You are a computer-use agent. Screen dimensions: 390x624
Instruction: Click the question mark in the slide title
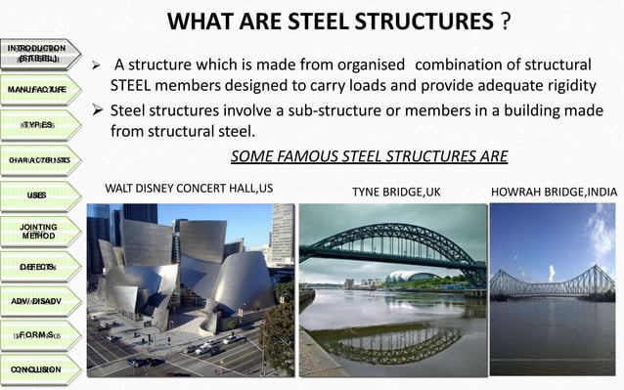[505, 22]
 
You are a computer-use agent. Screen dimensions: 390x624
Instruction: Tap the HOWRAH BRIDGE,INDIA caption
[554, 192]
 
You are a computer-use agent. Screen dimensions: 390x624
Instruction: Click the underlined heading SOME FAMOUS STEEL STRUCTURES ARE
[369, 157]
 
